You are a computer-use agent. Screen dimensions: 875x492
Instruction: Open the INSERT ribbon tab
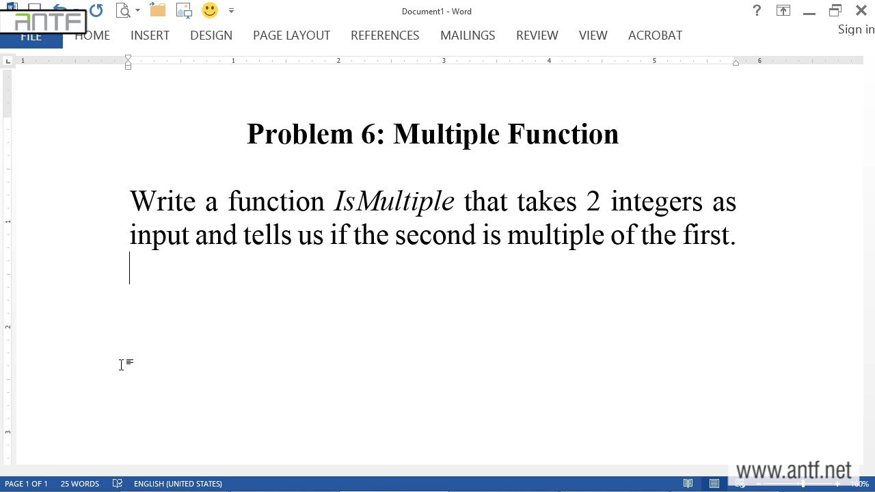(x=150, y=36)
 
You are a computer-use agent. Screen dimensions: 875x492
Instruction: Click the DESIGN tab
(x=211, y=36)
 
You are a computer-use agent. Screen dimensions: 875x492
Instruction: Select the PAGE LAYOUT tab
(x=291, y=36)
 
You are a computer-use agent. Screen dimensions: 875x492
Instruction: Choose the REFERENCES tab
(x=385, y=36)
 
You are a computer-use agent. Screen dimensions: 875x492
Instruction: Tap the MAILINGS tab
(x=468, y=36)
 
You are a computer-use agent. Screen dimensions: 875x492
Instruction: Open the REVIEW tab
(x=537, y=36)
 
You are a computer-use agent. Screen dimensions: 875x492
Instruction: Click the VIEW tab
(x=593, y=36)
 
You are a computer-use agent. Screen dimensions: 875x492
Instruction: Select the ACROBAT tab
(x=655, y=36)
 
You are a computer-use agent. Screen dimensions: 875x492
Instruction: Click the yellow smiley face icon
(x=210, y=10)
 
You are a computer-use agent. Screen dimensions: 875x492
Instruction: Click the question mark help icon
(x=757, y=10)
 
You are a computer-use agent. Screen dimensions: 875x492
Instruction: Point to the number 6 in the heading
(x=369, y=134)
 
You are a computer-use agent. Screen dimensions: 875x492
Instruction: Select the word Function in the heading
(x=563, y=134)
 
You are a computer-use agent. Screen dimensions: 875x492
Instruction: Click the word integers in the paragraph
(x=657, y=203)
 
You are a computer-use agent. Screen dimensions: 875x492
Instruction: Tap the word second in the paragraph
(x=435, y=235)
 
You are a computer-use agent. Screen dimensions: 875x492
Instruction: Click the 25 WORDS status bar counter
(x=80, y=484)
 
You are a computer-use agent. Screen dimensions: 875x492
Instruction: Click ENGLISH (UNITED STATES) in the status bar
(x=178, y=484)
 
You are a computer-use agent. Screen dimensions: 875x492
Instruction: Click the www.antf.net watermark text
(x=794, y=470)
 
